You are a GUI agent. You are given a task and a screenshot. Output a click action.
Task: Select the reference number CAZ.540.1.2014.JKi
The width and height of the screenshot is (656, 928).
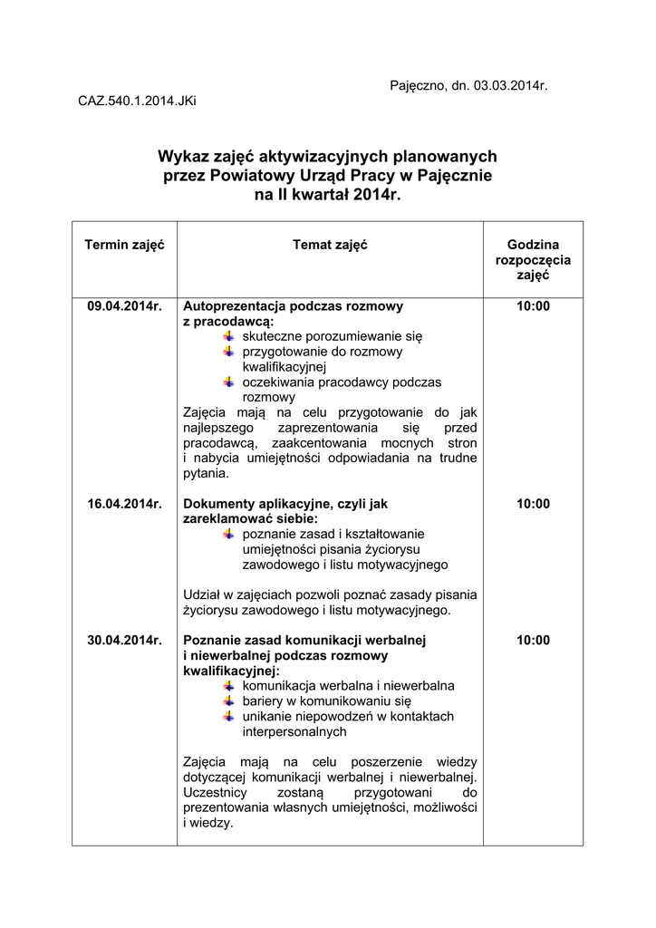(137, 101)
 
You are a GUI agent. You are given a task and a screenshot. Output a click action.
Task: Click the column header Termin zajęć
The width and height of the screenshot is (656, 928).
(124, 246)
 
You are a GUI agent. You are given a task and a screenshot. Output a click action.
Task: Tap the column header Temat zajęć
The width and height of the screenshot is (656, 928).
(330, 246)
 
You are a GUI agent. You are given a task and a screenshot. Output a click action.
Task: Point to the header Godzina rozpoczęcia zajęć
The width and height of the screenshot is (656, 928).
(533, 260)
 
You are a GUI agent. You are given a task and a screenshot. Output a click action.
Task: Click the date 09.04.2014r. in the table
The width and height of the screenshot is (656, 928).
(124, 306)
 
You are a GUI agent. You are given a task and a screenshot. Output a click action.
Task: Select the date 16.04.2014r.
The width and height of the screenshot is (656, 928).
(124, 504)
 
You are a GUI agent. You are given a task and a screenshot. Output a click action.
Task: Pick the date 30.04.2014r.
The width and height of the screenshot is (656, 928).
(124, 640)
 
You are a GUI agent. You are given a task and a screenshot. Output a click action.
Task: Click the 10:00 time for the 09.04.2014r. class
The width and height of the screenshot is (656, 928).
(533, 306)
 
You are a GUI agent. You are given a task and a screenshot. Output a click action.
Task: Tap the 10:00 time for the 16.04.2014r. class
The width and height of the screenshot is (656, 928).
(533, 504)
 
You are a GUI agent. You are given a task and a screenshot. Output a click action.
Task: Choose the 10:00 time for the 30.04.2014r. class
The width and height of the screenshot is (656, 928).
(533, 640)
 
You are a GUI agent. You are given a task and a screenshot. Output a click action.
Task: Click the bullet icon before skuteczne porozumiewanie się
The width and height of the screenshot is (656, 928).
(229, 336)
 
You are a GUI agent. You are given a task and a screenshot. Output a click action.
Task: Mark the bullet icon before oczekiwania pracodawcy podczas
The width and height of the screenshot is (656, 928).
(229, 382)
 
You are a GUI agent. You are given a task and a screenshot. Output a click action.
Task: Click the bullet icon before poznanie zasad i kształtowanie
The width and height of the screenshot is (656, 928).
(229, 534)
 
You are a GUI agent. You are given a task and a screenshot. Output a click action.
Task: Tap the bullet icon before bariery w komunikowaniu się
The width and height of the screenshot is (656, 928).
(229, 701)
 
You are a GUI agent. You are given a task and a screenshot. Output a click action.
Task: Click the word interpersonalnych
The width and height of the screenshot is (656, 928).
(294, 731)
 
